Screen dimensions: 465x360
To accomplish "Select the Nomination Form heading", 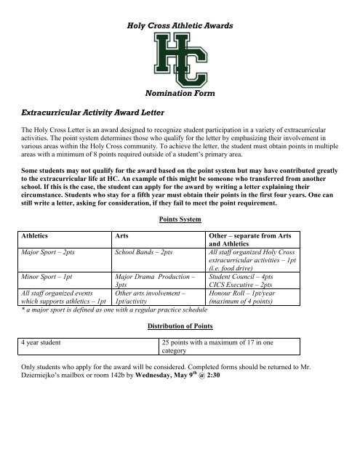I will pos(180,95).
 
